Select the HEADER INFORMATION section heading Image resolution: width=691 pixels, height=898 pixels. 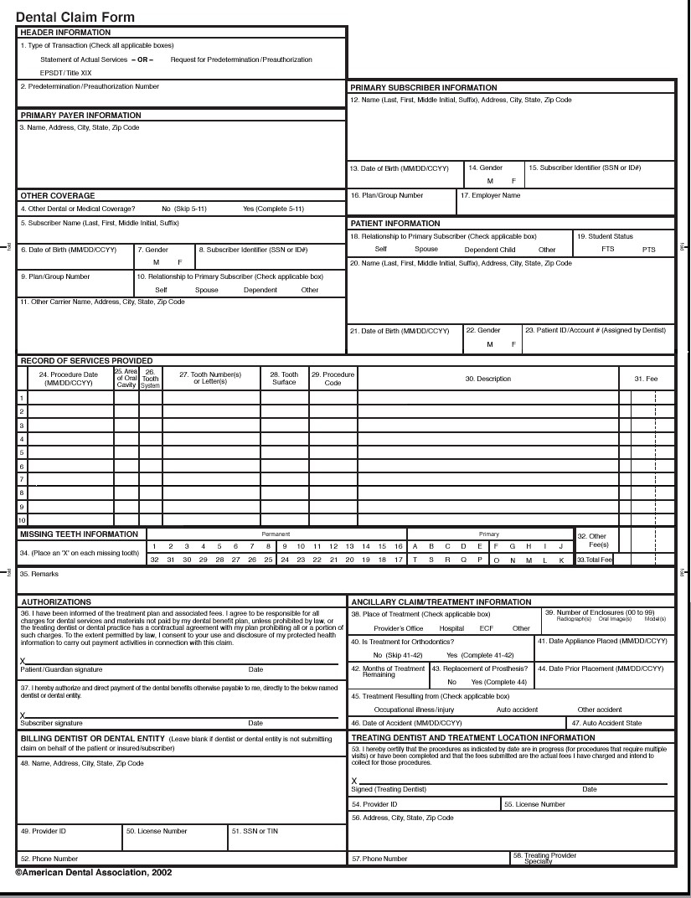click(x=65, y=33)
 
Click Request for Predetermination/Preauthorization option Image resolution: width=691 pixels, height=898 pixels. click(x=241, y=59)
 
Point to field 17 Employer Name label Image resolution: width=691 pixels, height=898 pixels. click(x=491, y=195)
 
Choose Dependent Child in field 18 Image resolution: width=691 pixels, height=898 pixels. click(x=490, y=250)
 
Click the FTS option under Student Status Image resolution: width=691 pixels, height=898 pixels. click(x=607, y=250)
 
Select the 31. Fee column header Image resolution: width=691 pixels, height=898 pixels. click(x=646, y=379)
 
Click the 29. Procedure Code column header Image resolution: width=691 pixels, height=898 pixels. click(x=333, y=378)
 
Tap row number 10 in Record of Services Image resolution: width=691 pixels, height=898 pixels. click(x=23, y=520)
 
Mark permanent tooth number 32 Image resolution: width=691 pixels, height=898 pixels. click(x=154, y=560)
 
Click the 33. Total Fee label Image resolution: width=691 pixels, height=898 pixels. click(x=594, y=560)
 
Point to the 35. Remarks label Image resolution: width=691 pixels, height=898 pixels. click(x=36, y=575)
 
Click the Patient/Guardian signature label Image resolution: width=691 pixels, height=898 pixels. click(x=61, y=670)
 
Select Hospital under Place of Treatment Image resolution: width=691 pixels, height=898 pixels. click(x=451, y=627)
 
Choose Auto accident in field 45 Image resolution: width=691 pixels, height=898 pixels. click(x=517, y=710)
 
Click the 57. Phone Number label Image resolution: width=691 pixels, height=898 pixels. click(x=379, y=858)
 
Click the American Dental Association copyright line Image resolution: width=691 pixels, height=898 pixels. click(x=94, y=872)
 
